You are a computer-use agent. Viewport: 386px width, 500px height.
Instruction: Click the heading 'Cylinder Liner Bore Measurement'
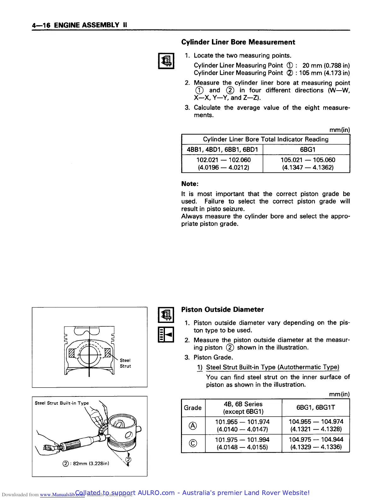click(238, 42)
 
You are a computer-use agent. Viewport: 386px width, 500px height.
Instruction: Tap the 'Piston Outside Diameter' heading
click(222, 310)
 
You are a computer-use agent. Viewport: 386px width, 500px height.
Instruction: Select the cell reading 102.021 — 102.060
click(223, 164)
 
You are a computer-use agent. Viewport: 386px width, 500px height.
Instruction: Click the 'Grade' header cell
click(193, 408)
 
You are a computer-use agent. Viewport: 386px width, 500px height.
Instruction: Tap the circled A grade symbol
click(193, 426)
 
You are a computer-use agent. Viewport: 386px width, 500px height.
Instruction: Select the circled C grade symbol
click(193, 443)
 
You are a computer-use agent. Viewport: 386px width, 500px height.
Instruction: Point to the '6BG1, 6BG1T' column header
click(316, 408)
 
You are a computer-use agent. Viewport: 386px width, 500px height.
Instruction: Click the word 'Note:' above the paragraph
click(190, 184)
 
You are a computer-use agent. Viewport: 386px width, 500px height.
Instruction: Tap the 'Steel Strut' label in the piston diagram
click(125, 363)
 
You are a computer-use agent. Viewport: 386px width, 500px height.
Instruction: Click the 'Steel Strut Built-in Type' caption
click(62, 403)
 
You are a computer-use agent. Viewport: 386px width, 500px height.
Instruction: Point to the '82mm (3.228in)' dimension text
click(91, 464)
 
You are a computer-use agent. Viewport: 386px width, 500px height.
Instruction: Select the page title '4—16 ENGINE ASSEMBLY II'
click(79, 25)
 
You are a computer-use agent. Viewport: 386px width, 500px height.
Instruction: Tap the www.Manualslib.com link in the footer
click(62, 495)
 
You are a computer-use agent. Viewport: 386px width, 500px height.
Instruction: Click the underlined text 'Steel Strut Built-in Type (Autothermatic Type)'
click(272, 367)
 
